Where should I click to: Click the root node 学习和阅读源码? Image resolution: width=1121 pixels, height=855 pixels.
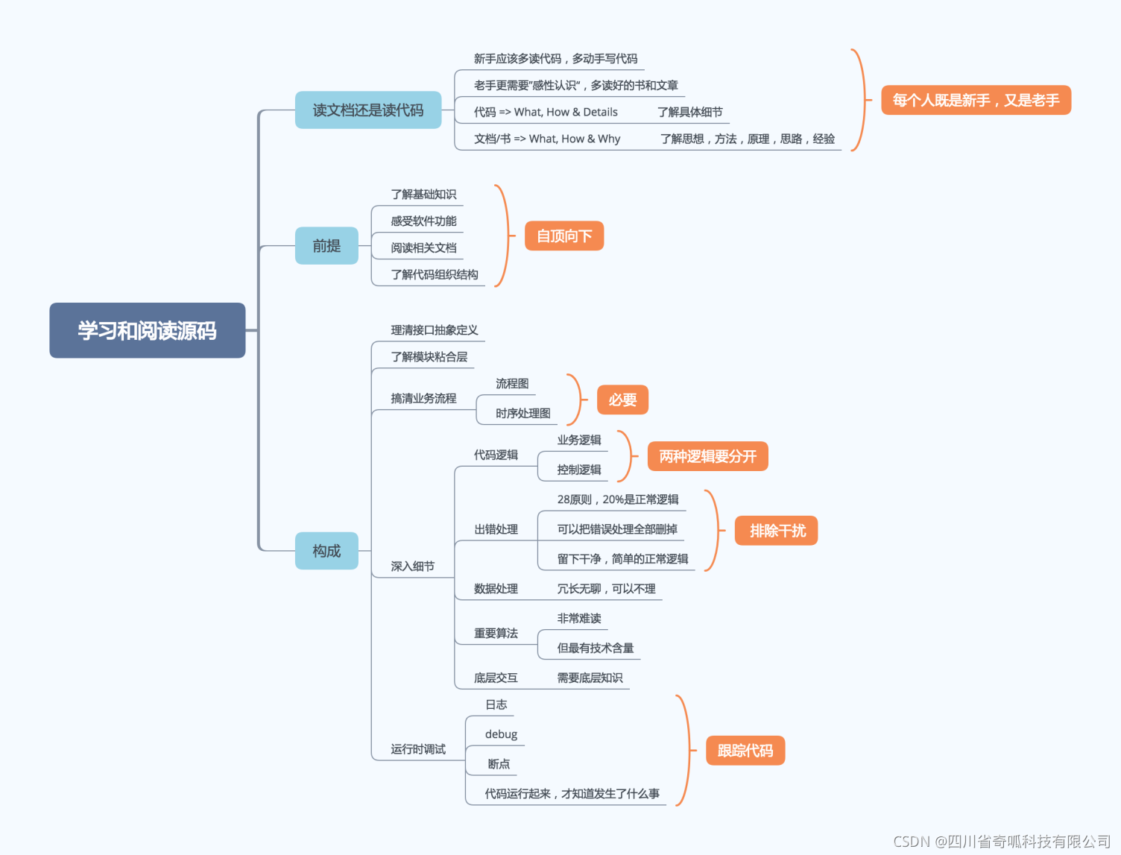point(147,330)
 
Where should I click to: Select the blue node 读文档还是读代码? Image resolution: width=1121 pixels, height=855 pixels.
point(368,110)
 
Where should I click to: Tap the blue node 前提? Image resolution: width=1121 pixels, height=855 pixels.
point(326,246)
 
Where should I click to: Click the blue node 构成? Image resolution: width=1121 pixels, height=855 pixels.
point(326,551)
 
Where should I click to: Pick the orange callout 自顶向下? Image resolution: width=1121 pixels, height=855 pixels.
point(564,236)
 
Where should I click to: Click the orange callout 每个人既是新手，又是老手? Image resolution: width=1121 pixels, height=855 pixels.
point(976,100)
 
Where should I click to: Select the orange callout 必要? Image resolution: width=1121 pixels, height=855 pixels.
point(622,400)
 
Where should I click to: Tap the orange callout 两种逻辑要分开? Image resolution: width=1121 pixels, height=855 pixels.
point(707,456)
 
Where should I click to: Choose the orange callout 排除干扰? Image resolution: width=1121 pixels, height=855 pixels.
point(777,531)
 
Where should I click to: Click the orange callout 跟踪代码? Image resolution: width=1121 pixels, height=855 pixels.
point(745,751)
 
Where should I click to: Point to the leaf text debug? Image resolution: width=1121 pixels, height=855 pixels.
point(501,734)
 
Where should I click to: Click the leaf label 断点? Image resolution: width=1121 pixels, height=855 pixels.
point(499,764)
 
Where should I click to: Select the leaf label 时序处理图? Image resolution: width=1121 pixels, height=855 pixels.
point(522,413)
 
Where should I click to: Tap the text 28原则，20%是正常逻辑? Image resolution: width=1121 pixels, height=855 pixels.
point(618,499)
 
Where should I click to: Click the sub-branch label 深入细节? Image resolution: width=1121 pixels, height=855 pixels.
point(412,567)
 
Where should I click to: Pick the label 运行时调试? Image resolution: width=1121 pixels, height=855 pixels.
point(418,749)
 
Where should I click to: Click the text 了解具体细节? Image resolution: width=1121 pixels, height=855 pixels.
point(689,112)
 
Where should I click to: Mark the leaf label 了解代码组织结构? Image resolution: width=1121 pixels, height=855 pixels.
point(435,274)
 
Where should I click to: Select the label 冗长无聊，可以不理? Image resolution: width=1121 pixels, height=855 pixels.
point(606,589)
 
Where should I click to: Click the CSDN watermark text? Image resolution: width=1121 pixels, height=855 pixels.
point(1001,842)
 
